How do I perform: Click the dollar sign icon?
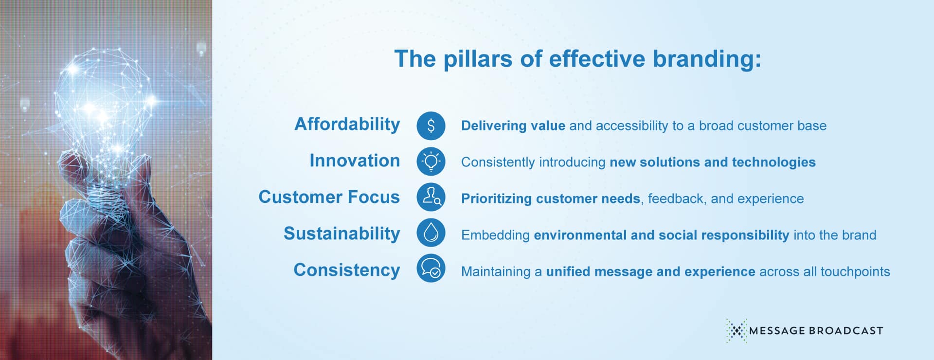click(x=431, y=126)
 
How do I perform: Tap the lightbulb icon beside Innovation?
click(x=431, y=162)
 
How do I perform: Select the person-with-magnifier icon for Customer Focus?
click(x=431, y=198)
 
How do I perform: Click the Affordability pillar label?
click(x=347, y=125)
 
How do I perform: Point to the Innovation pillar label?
click(x=355, y=161)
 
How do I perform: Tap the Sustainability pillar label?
click(x=341, y=234)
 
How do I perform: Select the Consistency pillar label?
click(x=346, y=270)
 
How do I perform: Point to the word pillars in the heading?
click(x=477, y=59)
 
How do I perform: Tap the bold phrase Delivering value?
click(x=513, y=126)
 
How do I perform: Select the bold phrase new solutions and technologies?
click(x=713, y=162)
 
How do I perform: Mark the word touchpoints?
click(x=855, y=271)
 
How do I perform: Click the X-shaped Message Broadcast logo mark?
click(x=737, y=331)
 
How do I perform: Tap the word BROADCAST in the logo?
click(x=846, y=331)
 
